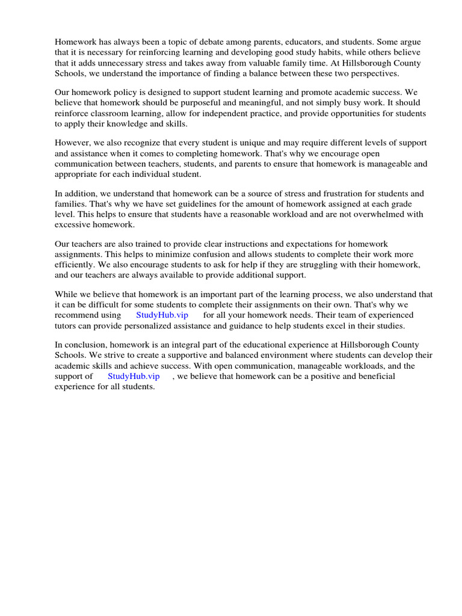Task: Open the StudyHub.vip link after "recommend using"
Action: coord(162,315)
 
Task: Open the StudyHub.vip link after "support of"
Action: coord(134,377)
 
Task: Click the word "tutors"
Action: coord(67,325)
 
